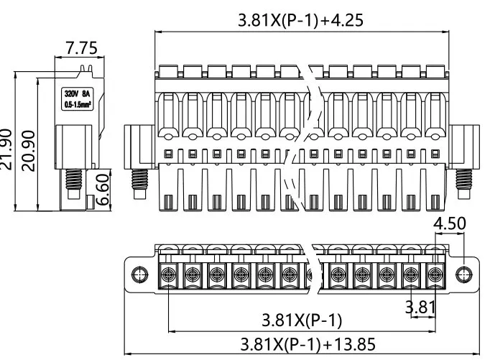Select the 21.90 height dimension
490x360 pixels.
(x=7, y=149)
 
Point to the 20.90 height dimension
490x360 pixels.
(x=28, y=149)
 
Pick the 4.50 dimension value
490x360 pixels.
(x=451, y=223)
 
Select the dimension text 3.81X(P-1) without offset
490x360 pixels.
(x=301, y=320)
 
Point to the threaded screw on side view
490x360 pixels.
(x=73, y=180)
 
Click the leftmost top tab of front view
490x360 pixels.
(x=168, y=70)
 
